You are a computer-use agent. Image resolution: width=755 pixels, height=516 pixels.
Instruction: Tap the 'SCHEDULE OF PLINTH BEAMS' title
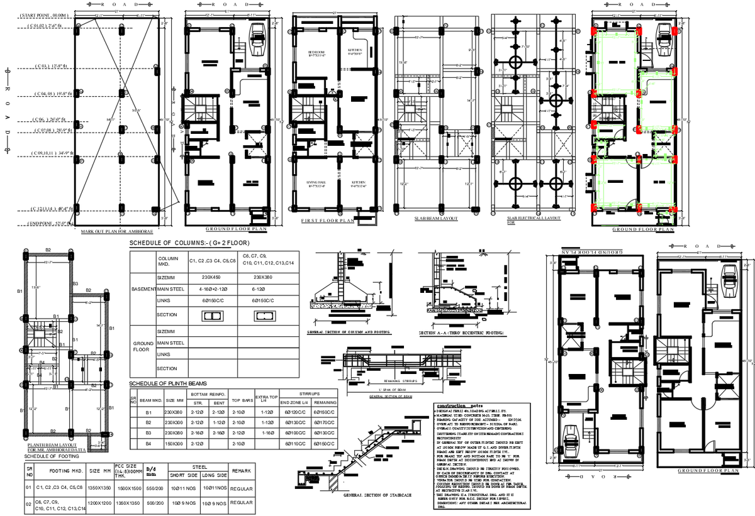tap(167, 383)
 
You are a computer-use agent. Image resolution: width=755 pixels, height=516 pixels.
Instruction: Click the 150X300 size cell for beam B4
tap(174, 444)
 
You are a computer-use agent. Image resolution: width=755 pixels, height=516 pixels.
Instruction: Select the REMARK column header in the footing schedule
tap(242, 470)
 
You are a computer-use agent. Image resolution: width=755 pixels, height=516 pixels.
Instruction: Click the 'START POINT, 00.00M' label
tap(43, 14)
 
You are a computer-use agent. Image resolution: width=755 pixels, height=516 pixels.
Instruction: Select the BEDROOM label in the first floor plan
tap(316, 52)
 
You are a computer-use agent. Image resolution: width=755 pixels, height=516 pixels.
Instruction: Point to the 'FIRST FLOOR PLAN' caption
tap(328, 220)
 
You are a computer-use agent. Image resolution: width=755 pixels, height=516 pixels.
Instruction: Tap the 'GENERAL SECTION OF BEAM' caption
tap(390, 397)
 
